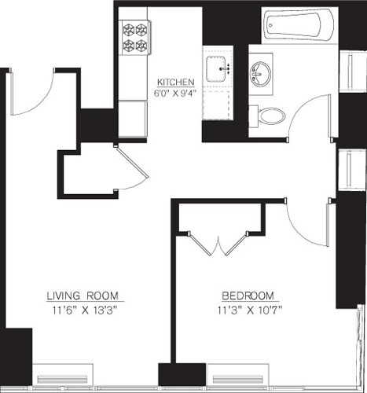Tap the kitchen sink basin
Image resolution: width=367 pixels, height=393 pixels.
pyautogui.click(x=219, y=68)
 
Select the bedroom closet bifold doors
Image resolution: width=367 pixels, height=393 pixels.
pyautogui.click(x=220, y=244)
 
